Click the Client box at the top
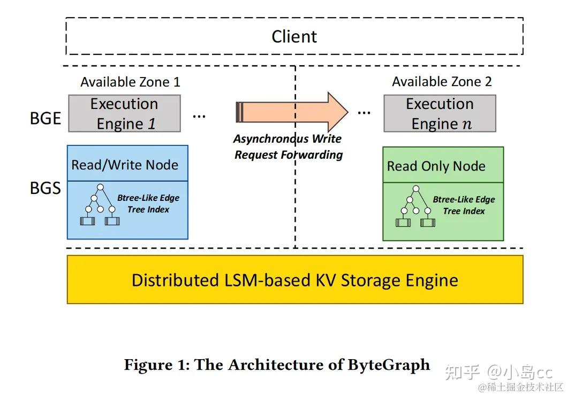click(x=294, y=36)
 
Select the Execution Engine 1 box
click(x=124, y=113)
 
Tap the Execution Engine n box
click(x=440, y=113)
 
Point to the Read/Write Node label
click(x=125, y=165)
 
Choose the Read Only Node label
click(x=436, y=166)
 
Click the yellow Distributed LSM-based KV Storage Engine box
click(x=294, y=280)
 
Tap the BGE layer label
click(x=45, y=118)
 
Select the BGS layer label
click(x=45, y=188)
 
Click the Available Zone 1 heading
click(x=130, y=82)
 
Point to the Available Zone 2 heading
click(x=442, y=81)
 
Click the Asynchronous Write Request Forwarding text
click(x=288, y=147)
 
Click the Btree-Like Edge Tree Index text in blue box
click(x=148, y=204)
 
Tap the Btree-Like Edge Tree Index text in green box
click(x=464, y=205)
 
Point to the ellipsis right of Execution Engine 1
click(x=199, y=114)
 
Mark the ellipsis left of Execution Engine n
click(x=364, y=111)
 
